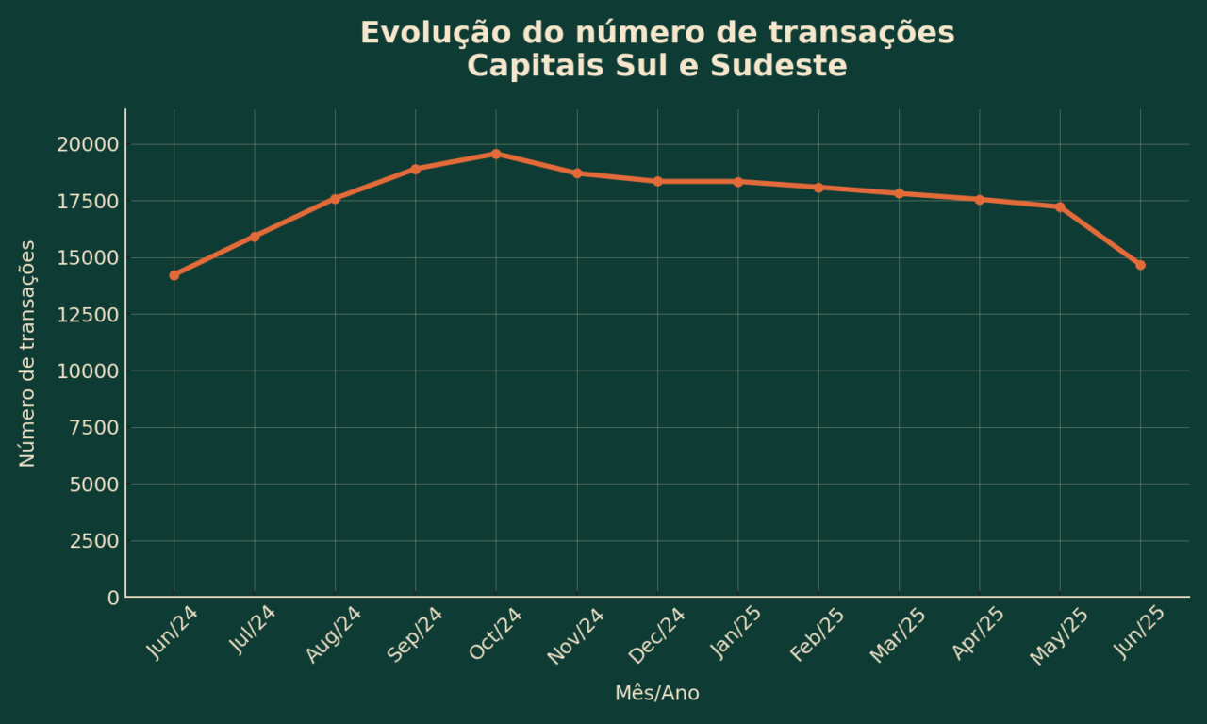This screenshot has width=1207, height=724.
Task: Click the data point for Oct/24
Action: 496,154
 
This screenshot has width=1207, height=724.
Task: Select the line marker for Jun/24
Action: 174,275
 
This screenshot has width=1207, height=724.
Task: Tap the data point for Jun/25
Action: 1140,265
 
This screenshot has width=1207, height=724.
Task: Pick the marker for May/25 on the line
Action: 1060,207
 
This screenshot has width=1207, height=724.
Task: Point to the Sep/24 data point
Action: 416,169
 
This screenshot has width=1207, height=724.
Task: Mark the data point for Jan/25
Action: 738,182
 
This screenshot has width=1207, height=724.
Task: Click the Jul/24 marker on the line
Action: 255,237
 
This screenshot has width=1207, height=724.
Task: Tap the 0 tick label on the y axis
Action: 113,598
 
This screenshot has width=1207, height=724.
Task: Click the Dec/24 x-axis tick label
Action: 656,635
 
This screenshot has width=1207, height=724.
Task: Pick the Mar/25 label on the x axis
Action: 898,635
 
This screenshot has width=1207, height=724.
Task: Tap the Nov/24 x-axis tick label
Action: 575,635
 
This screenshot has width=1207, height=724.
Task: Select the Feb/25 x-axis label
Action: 817,635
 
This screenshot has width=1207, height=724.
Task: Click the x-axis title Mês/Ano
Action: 657,694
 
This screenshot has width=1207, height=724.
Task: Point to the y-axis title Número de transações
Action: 27,354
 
